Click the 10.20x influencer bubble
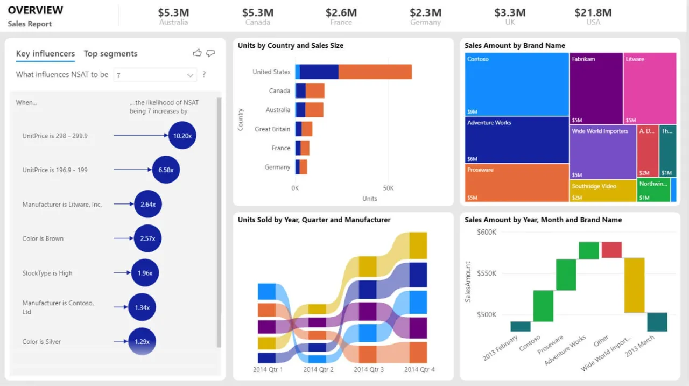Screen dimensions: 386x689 click(182, 136)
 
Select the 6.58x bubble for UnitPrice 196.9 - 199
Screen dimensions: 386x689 click(166, 170)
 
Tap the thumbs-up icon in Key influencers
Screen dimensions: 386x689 click(197, 53)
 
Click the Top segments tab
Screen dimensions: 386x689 click(110, 53)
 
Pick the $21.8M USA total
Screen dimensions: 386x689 click(593, 12)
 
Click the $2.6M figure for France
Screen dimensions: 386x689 click(341, 12)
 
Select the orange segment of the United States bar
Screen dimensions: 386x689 click(375, 72)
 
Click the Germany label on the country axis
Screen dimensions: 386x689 click(277, 167)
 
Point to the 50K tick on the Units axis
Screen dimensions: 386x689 click(388, 188)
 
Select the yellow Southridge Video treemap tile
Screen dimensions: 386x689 click(603, 191)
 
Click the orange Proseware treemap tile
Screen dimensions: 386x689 click(517, 183)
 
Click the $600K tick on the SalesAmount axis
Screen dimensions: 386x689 click(487, 232)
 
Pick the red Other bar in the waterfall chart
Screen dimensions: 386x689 click(611, 250)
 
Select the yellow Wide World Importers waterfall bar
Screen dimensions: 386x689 click(634, 285)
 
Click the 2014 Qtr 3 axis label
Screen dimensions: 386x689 click(369, 369)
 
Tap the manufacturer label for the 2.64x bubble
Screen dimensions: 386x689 click(62, 205)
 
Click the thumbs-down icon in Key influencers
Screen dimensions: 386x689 click(210, 53)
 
